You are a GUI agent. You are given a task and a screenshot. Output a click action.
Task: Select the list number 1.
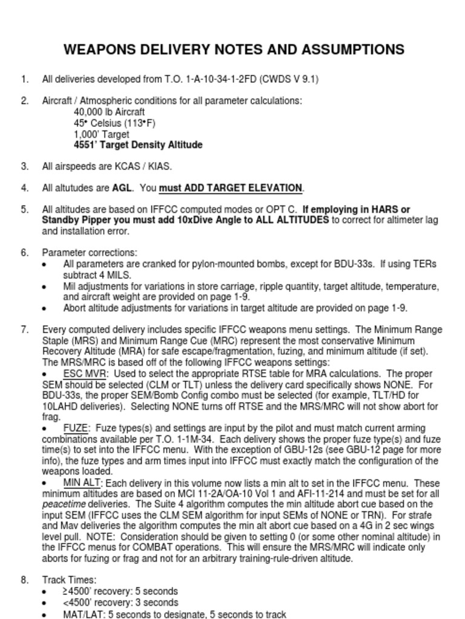[x=24, y=79]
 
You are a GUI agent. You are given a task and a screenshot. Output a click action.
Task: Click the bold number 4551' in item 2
[x=87, y=145]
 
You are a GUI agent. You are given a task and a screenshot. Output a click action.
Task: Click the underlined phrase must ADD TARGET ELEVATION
[x=230, y=188]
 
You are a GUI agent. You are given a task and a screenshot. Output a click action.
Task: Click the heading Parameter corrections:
[x=90, y=253]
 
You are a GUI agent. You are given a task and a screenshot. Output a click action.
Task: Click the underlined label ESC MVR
[x=85, y=374]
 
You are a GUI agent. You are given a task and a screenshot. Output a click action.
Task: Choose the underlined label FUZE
[x=76, y=428]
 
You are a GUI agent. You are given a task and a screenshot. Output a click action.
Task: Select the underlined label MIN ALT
[x=82, y=483]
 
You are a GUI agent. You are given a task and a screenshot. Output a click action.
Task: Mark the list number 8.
[x=24, y=580]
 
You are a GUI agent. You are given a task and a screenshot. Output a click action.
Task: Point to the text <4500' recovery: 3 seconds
[x=120, y=603]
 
